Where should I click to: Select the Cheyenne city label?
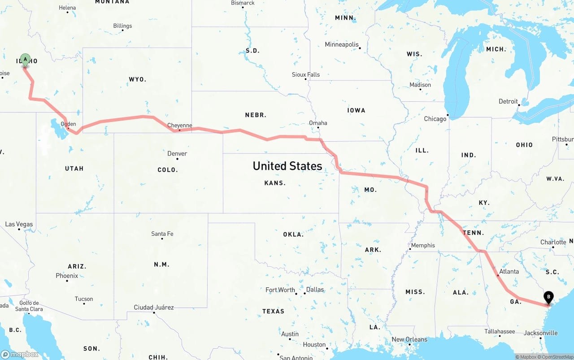click(179, 126)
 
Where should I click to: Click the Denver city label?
click(177, 154)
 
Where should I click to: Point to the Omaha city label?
click(318, 123)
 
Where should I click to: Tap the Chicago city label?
click(435, 119)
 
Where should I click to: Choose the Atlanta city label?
click(509, 271)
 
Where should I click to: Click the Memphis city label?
click(423, 245)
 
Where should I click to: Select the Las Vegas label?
click(19, 224)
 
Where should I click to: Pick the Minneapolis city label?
click(342, 45)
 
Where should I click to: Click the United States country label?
click(287, 166)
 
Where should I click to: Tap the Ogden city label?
click(68, 124)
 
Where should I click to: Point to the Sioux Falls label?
click(306, 74)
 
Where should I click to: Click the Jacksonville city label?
click(541, 333)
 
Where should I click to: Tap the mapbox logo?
click(20, 355)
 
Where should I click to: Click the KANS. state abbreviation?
click(275, 183)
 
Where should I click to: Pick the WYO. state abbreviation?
click(137, 79)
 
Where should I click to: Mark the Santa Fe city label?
click(162, 234)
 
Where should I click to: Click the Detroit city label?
click(508, 101)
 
